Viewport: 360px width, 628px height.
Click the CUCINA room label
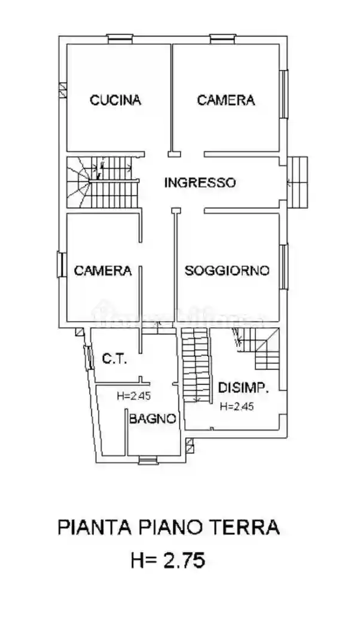point(115,100)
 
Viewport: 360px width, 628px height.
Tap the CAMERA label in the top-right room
point(225,100)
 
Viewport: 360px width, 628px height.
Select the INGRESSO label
point(200,182)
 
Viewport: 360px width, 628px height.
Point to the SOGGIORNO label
point(227,270)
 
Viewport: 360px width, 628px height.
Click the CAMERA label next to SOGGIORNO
point(102,270)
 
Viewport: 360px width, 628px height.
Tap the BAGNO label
point(152,419)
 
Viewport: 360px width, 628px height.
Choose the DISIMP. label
point(243,388)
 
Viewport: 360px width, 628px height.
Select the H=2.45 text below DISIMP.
point(237,407)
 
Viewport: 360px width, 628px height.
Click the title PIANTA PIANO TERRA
point(169,528)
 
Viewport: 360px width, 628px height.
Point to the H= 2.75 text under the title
point(168,560)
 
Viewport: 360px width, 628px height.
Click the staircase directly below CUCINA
point(101,182)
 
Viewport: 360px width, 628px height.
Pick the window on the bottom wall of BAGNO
point(146,460)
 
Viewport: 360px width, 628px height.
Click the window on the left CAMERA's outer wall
point(62,264)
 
